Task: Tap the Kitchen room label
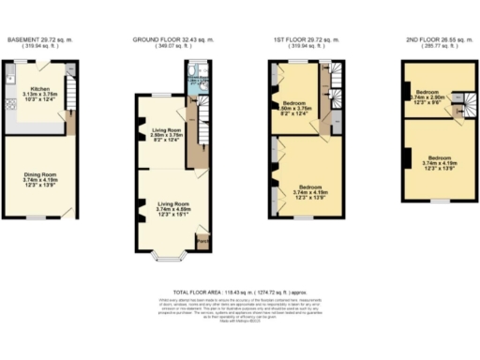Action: click(x=40, y=91)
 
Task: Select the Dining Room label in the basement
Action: click(x=40, y=181)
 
